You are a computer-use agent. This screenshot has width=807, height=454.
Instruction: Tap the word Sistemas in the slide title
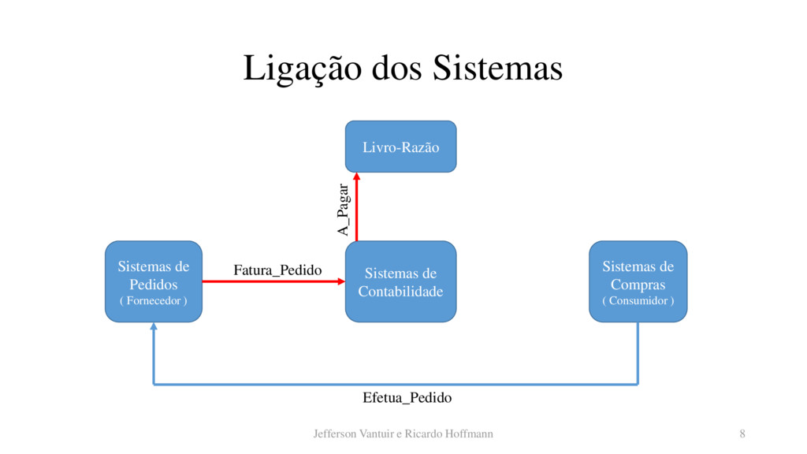496,68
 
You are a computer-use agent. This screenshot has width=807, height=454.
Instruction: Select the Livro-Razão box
400,147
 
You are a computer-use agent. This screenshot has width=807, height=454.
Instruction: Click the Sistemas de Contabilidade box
400,281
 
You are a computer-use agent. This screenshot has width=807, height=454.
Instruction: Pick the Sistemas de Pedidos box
153,281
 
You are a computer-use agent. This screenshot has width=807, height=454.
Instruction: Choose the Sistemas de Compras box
638,281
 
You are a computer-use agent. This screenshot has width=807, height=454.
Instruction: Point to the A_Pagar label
342,210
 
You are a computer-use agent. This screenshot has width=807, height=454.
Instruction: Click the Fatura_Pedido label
277,270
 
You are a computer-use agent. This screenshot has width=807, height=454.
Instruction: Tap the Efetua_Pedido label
407,397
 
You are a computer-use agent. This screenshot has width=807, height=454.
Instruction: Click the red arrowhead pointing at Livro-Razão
356,177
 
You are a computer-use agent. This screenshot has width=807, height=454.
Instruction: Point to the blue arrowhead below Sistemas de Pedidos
154,327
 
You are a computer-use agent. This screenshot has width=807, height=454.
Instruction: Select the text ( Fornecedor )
153,300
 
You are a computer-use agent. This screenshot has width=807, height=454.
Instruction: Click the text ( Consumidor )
638,300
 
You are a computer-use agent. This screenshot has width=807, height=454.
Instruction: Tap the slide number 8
742,434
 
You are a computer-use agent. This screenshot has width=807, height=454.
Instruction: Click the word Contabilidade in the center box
400,292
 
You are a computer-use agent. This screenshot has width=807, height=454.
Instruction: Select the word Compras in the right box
638,284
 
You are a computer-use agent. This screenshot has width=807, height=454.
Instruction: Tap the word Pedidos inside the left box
153,284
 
